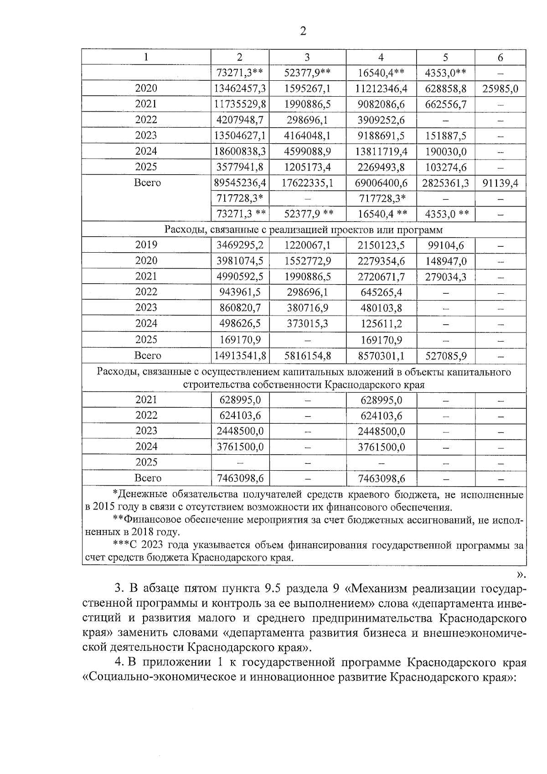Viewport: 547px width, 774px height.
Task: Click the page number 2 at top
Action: pos(303,31)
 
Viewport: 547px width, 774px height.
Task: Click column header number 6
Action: pos(500,57)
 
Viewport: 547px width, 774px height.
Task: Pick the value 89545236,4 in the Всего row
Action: pos(240,183)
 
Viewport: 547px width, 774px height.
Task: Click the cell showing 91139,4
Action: pos(500,183)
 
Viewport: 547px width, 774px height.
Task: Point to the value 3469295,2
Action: pos(240,245)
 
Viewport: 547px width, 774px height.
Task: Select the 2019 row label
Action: pos(146,245)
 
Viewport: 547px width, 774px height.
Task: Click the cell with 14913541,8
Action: pos(240,356)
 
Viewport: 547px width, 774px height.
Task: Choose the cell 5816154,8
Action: pos(308,356)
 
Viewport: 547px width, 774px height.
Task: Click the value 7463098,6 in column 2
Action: pos(240,478)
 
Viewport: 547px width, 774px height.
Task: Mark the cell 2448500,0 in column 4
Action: pos(381,431)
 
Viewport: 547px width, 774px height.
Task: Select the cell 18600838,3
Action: pos(240,151)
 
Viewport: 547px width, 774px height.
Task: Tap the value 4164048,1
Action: pos(308,136)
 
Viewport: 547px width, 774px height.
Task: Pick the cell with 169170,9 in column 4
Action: pos(381,340)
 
